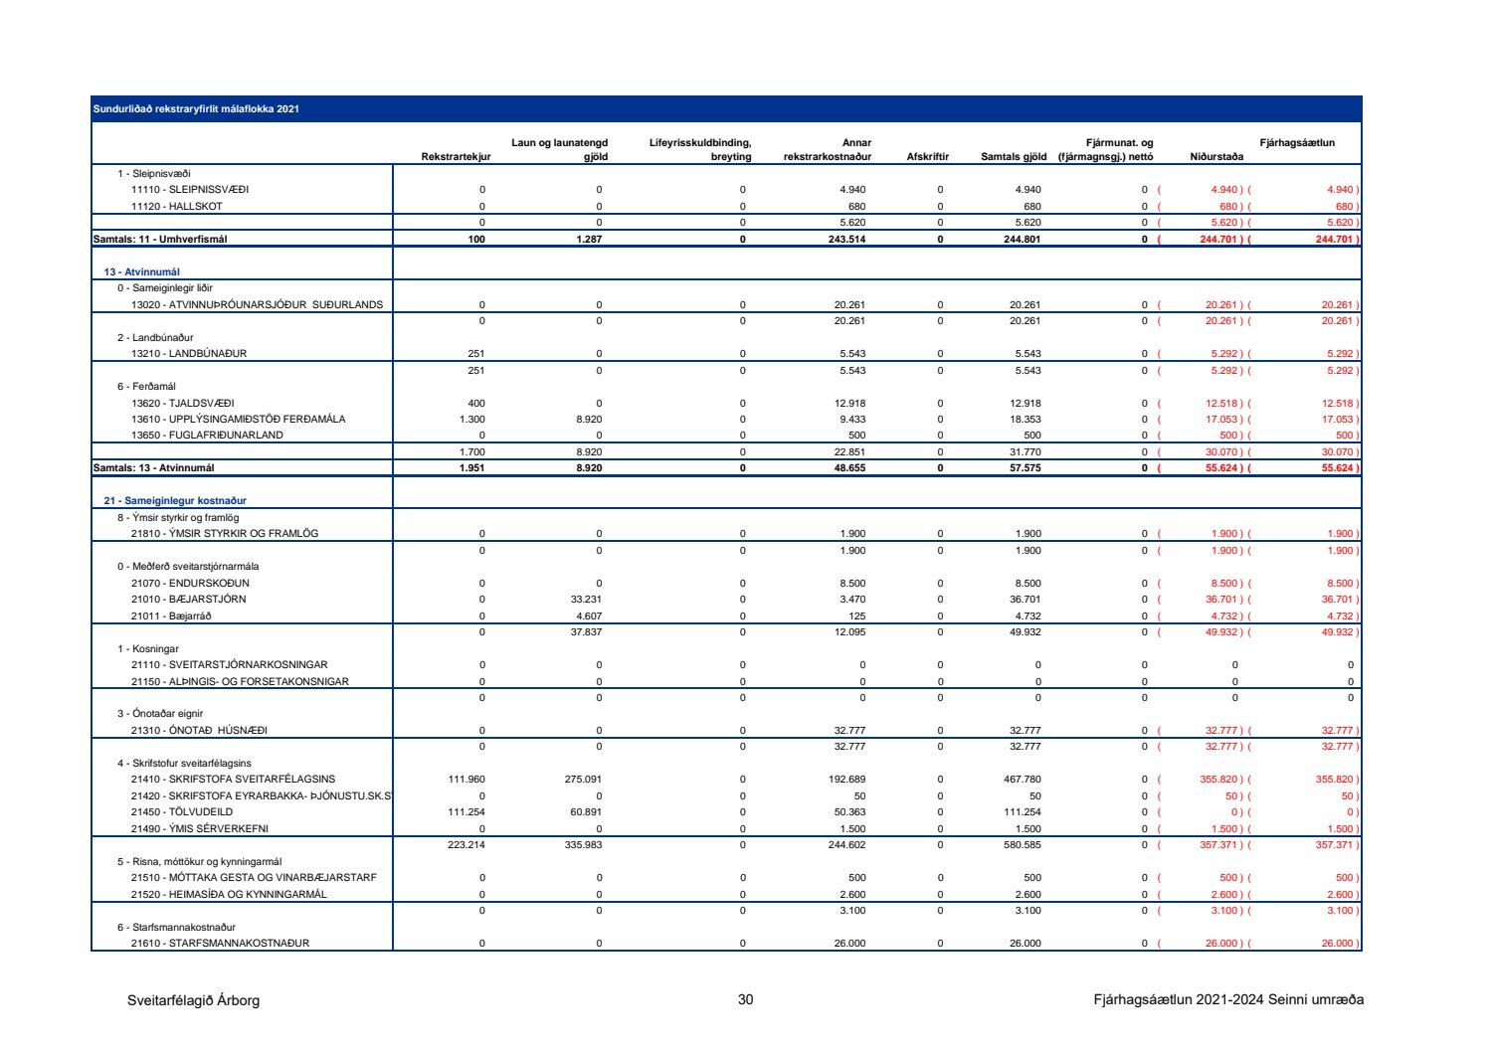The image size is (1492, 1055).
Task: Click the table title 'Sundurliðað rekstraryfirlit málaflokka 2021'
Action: pos(196,109)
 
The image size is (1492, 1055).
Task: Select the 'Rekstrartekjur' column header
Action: pos(456,157)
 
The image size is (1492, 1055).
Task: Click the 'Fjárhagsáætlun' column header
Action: pos(1297,143)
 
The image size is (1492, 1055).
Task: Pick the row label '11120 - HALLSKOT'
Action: pos(177,207)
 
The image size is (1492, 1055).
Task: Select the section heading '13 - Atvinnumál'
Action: pos(142,271)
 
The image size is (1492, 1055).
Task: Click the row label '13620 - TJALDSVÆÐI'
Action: pos(183,403)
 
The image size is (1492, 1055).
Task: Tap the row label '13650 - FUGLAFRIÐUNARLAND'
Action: pos(207,436)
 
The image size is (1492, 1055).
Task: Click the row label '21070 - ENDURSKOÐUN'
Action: pos(190,583)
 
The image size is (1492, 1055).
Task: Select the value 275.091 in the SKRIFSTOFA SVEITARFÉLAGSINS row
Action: pos(584,780)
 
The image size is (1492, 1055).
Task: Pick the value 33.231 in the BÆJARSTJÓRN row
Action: pos(586,600)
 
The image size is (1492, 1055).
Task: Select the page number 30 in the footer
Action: pos(745,1000)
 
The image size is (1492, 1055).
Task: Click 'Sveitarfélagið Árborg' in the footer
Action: pos(193,1000)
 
